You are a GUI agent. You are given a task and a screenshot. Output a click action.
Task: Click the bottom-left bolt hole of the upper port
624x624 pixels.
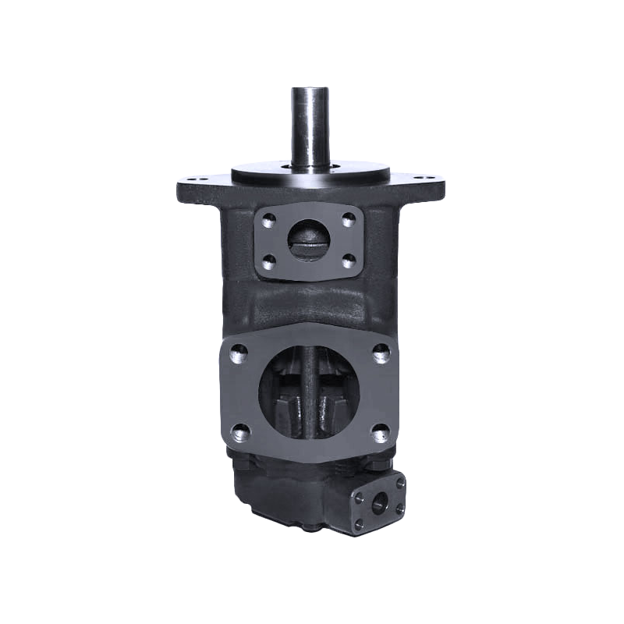270,260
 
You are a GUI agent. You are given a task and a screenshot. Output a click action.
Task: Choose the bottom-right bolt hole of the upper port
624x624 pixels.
349,258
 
